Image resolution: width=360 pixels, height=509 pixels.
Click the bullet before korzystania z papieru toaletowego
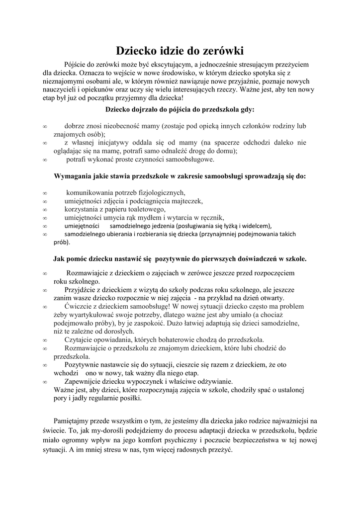(x=45, y=209)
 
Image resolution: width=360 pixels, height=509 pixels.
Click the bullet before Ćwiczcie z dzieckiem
(x=45, y=307)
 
